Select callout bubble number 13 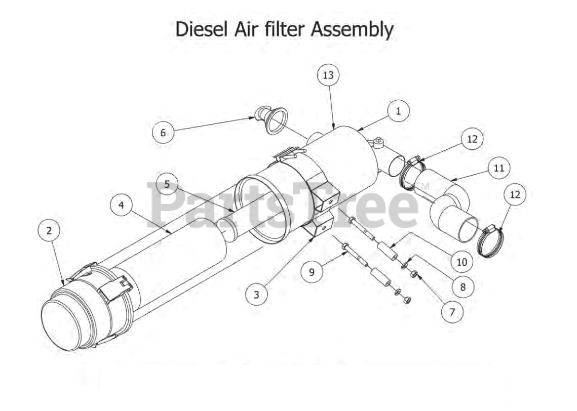point(328,75)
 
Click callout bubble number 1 point(398,111)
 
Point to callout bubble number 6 point(163,133)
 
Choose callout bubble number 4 point(121,205)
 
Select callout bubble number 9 point(312,272)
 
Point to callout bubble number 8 point(463,287)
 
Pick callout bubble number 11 point(499,168)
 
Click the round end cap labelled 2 point(61,324)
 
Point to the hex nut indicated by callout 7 point(414,274)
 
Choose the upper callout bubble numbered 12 point(472,139)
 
